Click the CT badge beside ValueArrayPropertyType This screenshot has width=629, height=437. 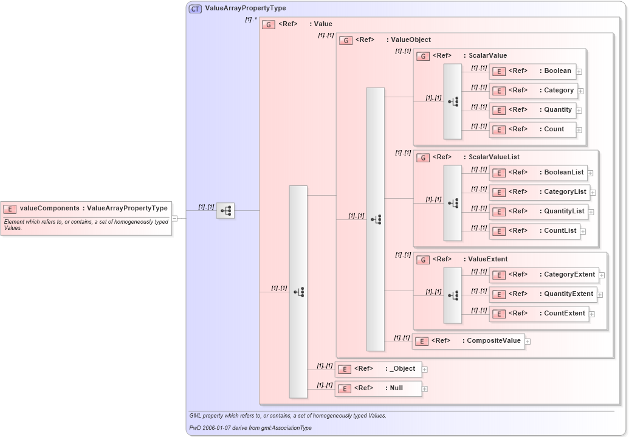195,9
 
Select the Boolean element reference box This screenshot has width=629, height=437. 532,71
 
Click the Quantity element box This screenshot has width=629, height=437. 532,110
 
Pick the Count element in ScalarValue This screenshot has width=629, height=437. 532,129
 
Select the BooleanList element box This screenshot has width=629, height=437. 538,173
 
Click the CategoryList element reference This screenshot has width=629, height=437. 539,192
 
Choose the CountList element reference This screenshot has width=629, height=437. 534,231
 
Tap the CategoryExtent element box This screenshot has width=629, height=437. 543,275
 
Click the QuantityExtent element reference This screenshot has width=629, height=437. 543,294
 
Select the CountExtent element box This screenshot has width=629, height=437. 538,314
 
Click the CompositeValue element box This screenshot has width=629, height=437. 468,341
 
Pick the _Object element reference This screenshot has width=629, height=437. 378,369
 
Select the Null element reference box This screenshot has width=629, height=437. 378,388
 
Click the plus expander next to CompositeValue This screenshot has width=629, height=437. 528,341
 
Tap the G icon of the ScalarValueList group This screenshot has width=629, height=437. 422,157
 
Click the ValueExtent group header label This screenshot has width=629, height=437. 487,259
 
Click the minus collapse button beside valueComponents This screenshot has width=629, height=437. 174,218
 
